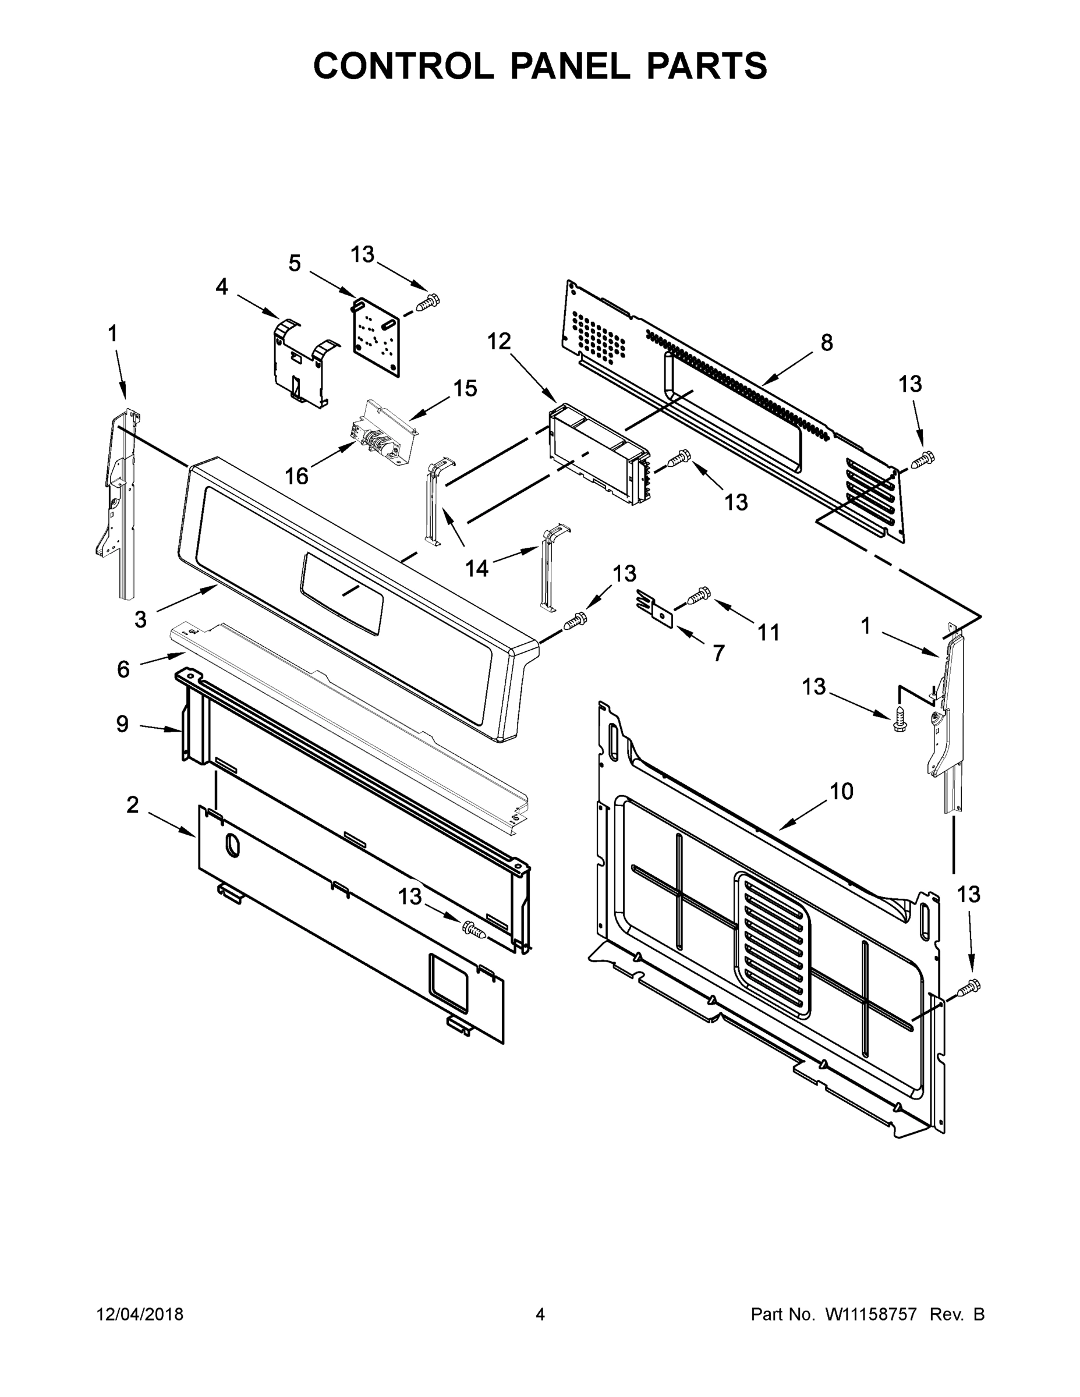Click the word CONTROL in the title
coord(403,65)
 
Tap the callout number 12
coord(499,342)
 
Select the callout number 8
coord(827,343)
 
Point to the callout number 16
coord(296,476)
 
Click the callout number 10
coord(841,791)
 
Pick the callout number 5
coord(295,263)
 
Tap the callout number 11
coord(769,633)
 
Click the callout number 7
coord(718,653)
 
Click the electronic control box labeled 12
coord(595,451)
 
